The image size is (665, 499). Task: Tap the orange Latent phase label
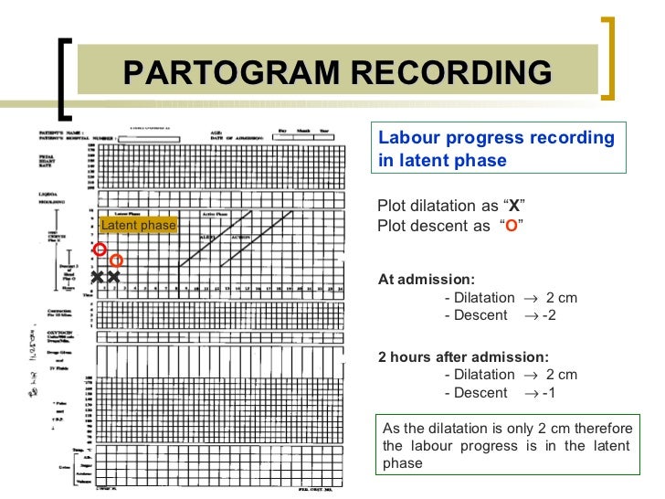tap(138, 226)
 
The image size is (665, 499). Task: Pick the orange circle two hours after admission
tap(116, 260)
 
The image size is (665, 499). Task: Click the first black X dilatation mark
tap(98, 277)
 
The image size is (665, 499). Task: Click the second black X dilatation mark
tap(114, 277)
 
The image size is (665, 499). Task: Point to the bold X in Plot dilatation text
tap(514, 205)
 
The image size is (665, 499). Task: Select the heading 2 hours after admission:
tap(463, 356)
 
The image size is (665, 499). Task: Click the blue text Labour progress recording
tap(496, 138)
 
